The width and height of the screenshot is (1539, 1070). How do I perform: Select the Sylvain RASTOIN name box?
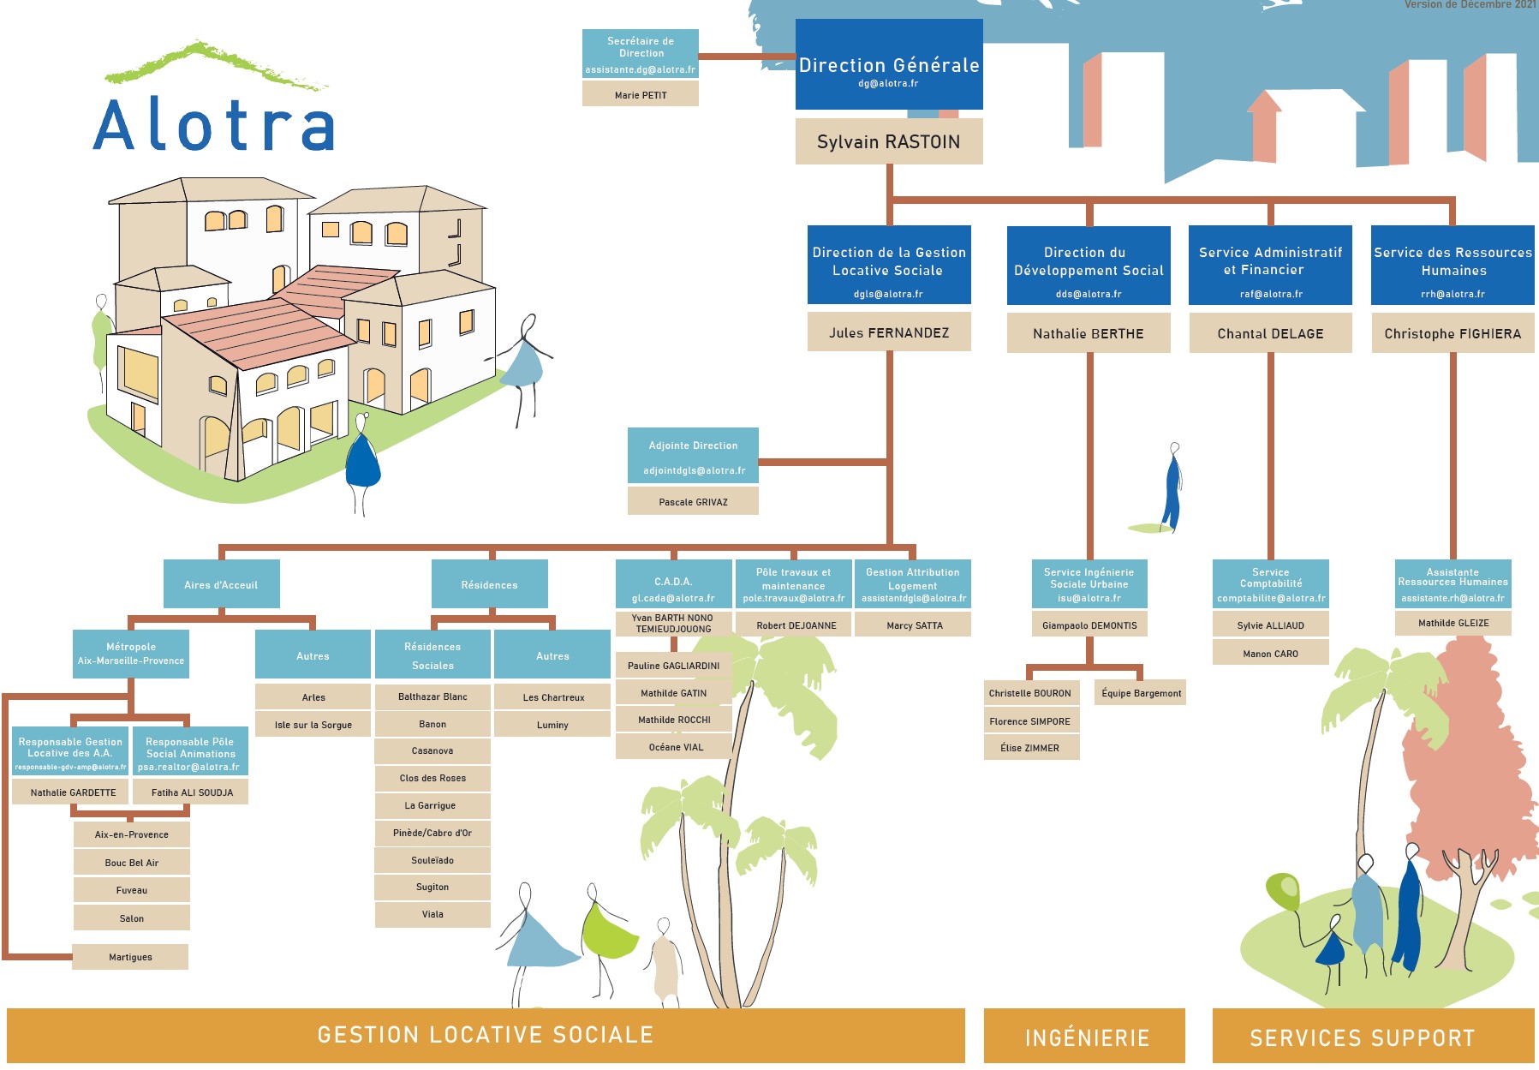click(x=888, y=142)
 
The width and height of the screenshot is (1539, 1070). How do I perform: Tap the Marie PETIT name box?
click(x=641, y=95)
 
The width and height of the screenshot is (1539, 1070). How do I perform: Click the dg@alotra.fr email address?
click(x=888, y=84)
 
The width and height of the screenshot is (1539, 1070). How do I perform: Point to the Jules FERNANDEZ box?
click(x=889, y=332)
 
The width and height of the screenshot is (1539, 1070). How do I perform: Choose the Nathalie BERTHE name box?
click(x=1088, y=333)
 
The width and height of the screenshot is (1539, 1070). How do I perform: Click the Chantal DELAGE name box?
click(x=1270, y=333)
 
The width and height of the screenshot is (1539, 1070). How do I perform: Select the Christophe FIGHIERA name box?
click(x=1453, y=333)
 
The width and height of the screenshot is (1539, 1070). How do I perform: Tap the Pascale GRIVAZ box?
click(x=693, y=502)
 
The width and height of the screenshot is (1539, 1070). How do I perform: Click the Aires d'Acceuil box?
click(x=221, y=585)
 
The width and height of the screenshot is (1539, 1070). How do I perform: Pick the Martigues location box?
click(x=130, y=957)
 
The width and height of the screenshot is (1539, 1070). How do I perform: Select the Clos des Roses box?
click(x=432, y=778)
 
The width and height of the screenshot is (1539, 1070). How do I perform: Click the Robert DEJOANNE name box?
click(x=796, y=625)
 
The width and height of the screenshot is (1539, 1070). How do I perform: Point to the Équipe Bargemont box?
click(x=1141, y=693)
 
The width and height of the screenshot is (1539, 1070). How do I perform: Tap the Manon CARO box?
click(x=1270, y=654)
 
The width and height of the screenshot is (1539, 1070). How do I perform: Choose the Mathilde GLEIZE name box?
click(x=1453, y=623)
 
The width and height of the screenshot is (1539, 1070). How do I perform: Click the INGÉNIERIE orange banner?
click(x=1086, y=1037)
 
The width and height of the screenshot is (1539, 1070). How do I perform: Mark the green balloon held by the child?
click(x=1283, y=891)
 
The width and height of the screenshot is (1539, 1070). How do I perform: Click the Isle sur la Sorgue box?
click(x=313, y=725)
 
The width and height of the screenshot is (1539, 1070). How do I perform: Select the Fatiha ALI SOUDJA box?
click(x=192, y=792)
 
